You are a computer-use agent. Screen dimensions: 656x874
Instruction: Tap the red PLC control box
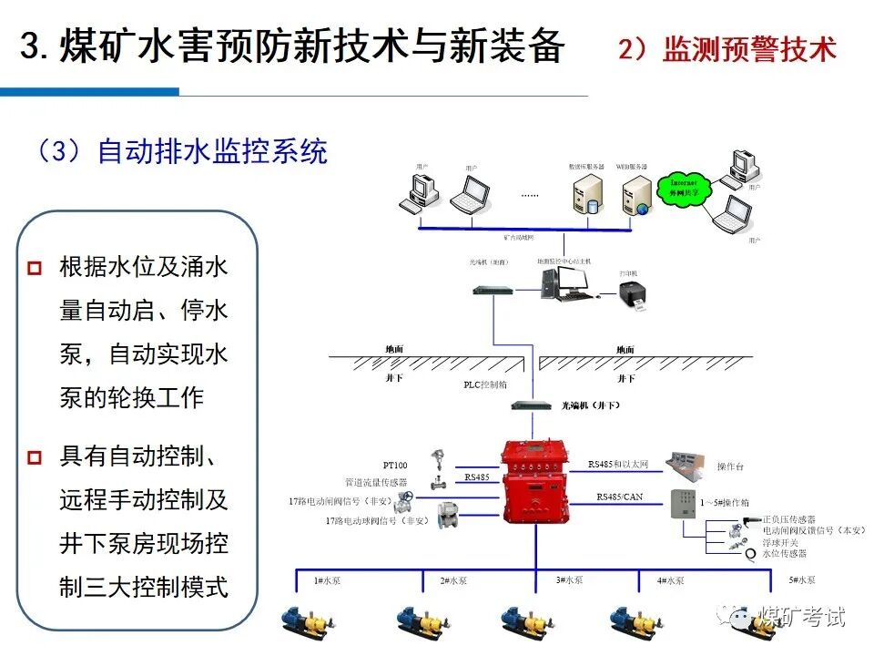pos(535,483)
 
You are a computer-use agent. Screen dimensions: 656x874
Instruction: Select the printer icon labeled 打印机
pos(631,296)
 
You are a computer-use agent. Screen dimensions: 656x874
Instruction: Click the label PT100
pos(395,466)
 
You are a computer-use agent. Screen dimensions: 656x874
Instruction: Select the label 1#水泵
pos(325,580)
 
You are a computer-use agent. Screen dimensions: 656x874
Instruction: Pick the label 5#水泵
pos(802,579)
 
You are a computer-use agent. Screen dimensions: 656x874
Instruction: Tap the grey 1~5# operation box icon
pos(684,507)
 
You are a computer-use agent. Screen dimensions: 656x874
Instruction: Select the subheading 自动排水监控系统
pos(211,151)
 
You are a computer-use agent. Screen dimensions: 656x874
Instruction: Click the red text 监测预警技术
pos(748,48)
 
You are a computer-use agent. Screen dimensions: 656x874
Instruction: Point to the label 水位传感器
pos(785,554)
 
